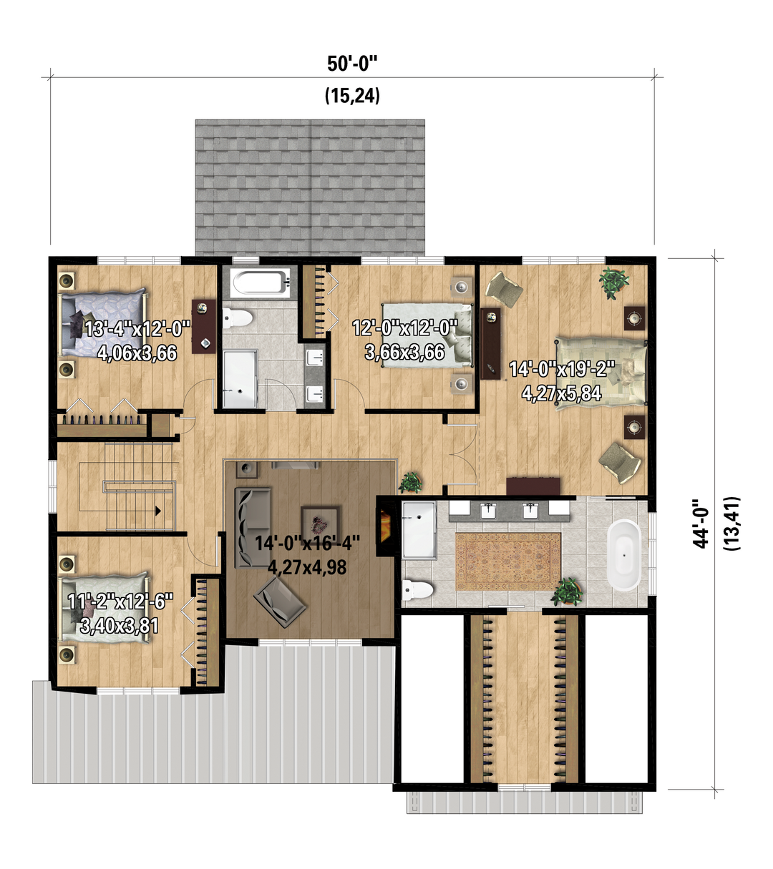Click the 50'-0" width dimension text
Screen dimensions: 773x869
click(351, 64)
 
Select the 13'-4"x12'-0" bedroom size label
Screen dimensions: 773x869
click(137, 330)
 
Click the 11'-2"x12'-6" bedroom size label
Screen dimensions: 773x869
click(121, 602)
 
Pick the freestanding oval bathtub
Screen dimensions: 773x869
click(623, 555)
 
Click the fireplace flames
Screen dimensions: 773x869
click(384, 526)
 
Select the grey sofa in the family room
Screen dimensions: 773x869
click(253, 527)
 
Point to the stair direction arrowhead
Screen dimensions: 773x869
click(158, 511)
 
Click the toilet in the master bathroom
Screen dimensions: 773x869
click(417, 590)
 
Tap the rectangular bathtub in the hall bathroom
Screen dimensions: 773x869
click(260, 283)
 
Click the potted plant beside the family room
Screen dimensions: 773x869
click(411, 483)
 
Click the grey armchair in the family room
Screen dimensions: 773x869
click(279, 602)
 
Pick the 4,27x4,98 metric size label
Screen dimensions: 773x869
click(307, 567)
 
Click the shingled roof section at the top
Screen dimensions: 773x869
click(310, 187)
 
